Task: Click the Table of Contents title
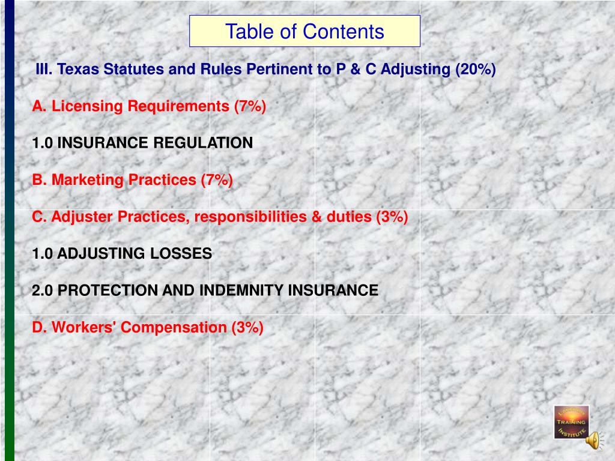(304, 31)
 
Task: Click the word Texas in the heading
(79, 70)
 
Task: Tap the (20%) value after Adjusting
(475, 70)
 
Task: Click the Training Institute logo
(571, 421)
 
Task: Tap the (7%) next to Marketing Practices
(217, 179)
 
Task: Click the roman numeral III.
(44, 70)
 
